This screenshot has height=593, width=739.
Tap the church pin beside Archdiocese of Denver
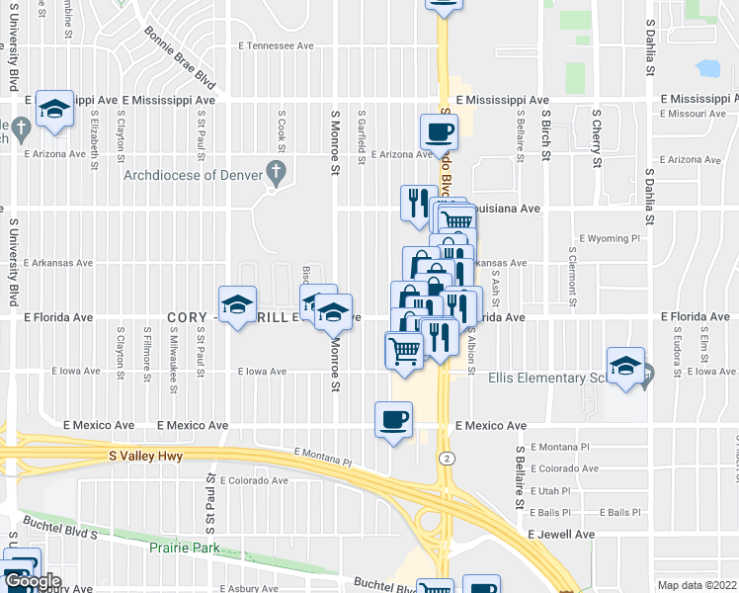278,176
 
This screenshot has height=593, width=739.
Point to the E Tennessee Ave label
276,45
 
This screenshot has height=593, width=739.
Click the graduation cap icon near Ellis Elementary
624,366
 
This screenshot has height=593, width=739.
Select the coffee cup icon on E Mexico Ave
393,419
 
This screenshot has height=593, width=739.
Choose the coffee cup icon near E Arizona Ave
439,131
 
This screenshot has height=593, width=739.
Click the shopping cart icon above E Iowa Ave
403,349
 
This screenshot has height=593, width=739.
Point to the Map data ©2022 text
697,585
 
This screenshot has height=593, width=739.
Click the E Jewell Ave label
560,534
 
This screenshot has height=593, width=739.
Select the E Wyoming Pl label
610,238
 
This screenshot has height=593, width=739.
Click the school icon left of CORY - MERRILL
237,305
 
